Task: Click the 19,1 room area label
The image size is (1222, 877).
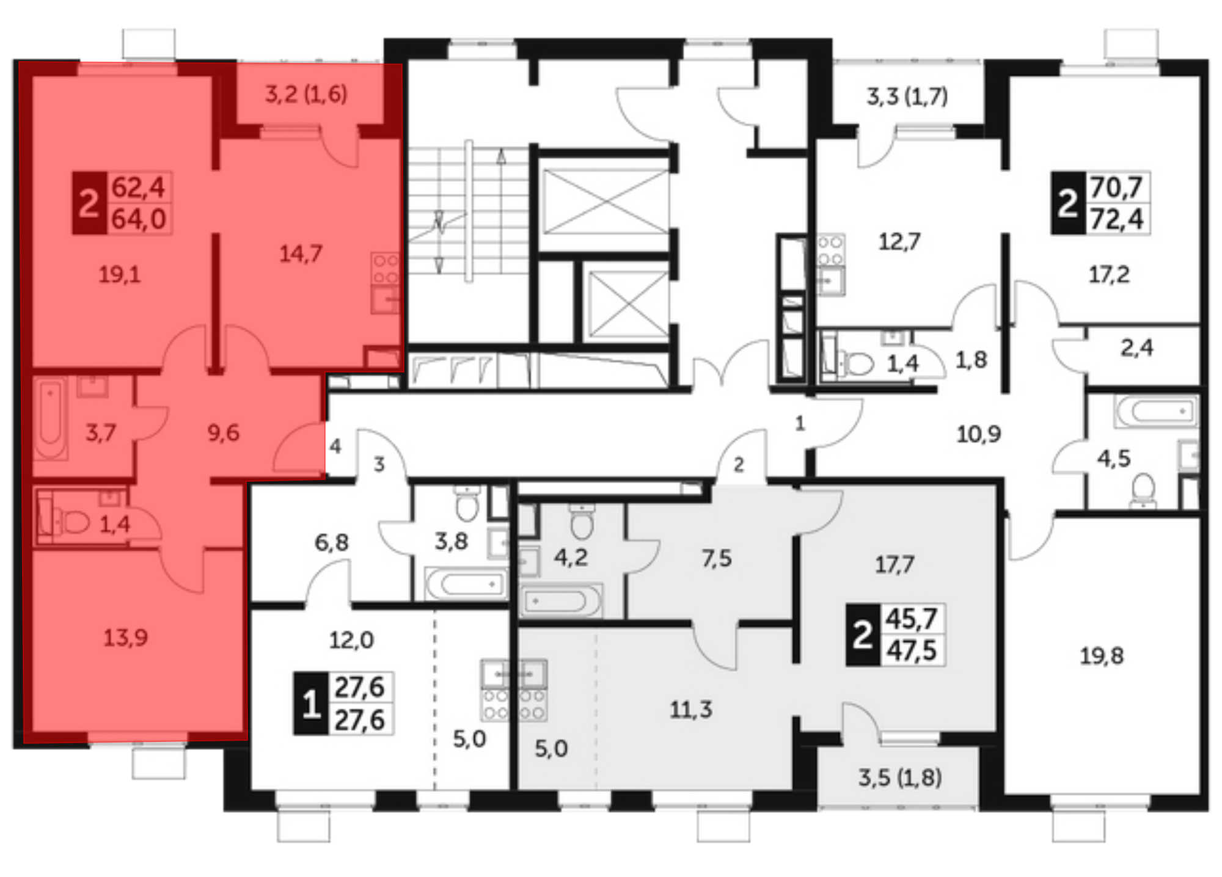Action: (x=120, y=275)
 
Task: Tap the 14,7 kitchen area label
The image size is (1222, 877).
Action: (x=301, y=253)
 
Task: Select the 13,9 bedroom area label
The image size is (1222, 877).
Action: (x=125, y=638)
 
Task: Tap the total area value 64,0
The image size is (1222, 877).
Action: (x=139, y=219)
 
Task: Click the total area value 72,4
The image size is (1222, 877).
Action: (x=1117, y=219)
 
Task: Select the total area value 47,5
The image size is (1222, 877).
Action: (x=912, y=650)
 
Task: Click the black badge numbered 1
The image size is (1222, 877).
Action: (x=311, y=704)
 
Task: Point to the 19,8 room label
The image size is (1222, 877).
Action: (x=1102, y=656)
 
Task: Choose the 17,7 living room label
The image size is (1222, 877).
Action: (x=895, y=564)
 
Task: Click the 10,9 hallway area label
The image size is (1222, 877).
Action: (x=979, y=434)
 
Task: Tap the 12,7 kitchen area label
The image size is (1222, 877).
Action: (x=899, y=242)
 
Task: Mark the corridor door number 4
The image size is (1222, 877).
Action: (x=335, y=446)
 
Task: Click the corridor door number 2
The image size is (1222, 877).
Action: (x=739, y=465)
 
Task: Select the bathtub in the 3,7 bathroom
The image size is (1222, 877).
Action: (x=50, y=419)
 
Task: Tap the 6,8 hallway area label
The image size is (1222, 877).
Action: (x=332, y=542)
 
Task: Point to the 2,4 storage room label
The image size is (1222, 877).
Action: (x=1136, y=348)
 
